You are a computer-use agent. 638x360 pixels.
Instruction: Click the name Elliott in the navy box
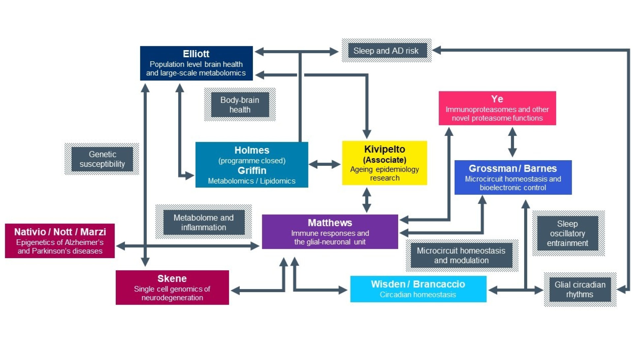196,54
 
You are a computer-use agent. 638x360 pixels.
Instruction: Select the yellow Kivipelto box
384,163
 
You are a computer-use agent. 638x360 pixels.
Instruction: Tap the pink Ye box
497,108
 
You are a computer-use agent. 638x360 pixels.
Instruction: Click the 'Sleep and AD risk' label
386,51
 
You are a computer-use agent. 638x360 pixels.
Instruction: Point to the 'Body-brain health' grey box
240,105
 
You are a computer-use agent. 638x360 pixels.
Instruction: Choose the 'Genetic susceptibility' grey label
102,159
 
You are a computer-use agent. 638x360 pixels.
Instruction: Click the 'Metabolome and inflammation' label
204,223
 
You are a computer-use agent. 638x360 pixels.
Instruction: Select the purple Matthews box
330,232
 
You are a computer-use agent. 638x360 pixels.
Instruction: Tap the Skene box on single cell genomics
172,287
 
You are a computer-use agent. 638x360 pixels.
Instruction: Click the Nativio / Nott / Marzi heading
60,232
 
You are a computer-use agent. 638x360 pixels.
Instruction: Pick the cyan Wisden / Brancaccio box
418,289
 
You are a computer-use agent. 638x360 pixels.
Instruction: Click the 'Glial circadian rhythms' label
580,289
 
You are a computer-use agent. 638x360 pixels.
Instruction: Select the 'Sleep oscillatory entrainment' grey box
567,233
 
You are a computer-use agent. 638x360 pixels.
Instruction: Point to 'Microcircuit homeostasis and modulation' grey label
461,255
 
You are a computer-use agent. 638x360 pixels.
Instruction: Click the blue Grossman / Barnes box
513,177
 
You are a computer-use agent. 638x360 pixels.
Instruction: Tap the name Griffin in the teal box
252,170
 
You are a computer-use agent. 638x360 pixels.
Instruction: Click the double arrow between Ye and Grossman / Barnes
512,142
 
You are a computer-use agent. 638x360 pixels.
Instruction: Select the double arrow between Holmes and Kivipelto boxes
325,164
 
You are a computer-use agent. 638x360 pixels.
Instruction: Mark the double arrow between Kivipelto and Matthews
367,200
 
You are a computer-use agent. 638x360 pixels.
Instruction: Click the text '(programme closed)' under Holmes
252,161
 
